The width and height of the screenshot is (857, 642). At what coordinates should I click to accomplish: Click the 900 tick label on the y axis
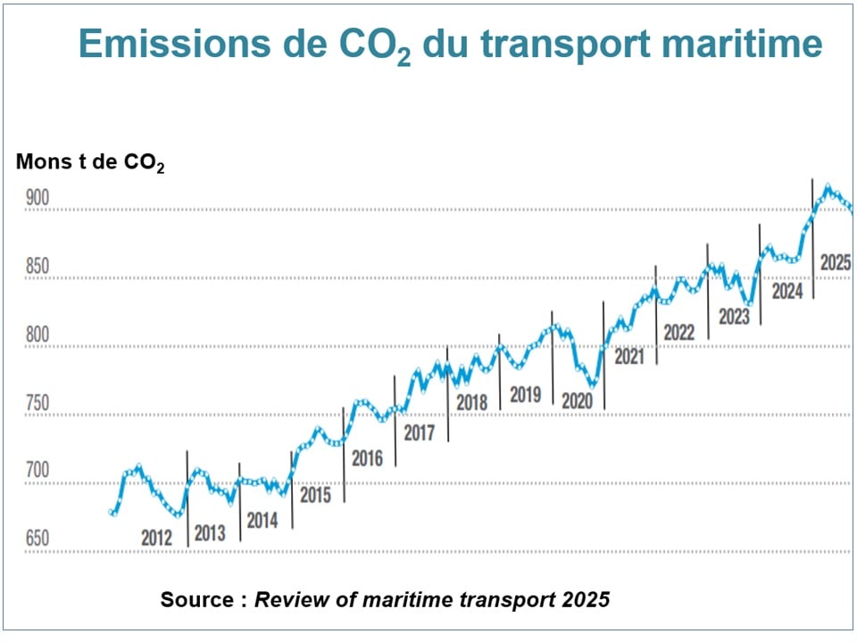pyautogui.click(x=37, y=200)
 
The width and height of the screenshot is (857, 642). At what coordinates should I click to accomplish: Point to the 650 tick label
pyautogui.click(x=37, y=540)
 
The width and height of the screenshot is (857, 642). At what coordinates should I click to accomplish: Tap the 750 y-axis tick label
pyautogui.click(x=37, y=404)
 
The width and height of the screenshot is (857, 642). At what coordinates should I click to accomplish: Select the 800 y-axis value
pyautogui.click(x=37, y=336)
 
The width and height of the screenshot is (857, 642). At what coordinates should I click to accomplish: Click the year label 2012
pyautogui.click(x=157, y=539)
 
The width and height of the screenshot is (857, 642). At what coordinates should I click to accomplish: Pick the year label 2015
pyautogui.click(x=315, y=495)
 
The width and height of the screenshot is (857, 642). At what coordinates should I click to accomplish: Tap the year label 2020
pyautogui.click(x=577, y=402)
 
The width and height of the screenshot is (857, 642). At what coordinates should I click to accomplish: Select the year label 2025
pyautogui.click(x=836, y=263)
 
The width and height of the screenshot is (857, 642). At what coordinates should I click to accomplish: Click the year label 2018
pyautogui.click(x=472, y=403)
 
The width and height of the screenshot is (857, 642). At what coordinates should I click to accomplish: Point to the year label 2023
pyautogui.click(x=734, y=317)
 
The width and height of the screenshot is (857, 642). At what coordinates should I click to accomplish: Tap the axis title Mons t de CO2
pyautogui.click(x=89, y=163)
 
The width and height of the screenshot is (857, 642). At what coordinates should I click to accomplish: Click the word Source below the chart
pyautogui.click(x=197, y=599)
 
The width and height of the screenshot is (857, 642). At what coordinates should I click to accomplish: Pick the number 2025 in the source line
pyautogui.click(x=586, y=599)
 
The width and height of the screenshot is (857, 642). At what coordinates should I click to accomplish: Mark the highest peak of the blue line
pyautogui.click(x=828, y=187)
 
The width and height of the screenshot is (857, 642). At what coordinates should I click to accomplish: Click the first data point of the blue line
pyautogui.click(x=112, y=512)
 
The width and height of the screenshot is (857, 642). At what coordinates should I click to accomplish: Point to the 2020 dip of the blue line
pyautogui.click(x=592, y=386)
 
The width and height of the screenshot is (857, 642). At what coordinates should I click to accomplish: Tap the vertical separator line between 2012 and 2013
pyautogui.click(x=187, y=499)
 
